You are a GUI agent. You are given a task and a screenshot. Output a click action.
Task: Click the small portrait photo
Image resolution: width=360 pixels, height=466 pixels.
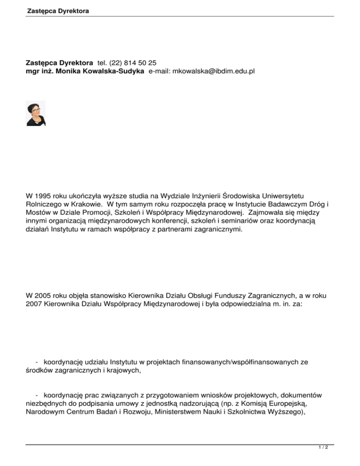[x=36, y=113]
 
